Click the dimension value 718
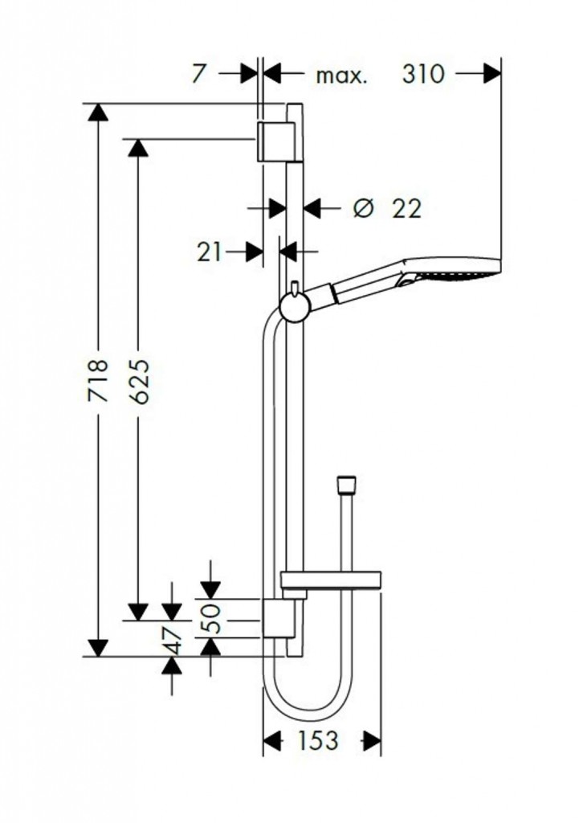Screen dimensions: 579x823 pyautogui.click(x=98, y=380)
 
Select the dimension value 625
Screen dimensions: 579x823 pyautogui.click(x=139, y=382)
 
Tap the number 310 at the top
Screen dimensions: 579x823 pyautogui.click(x=423, y=74)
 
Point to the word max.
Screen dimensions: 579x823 pyautogui.click(x=341, y=76)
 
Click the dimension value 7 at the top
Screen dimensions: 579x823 pyautogui.click(x=198, y=73)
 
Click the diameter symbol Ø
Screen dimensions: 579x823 pyautogui.click(x=363, y=209)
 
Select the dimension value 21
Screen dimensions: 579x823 pyautogui.click(x=210, y=252)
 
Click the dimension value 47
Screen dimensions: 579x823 pyautogui.click(x=172, y=641)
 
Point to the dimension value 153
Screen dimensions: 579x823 pyautogui.click(x=318, y=740)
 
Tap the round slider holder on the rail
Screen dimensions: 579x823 pyautogui.click(x=296, y=306)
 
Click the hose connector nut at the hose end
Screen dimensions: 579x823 pyautogui.click(x=347, y=485)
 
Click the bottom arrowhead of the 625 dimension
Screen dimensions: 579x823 pyautogui.click(x=138, y=612)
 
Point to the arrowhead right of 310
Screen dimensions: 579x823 pyautogui.click(x=492, y=73)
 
